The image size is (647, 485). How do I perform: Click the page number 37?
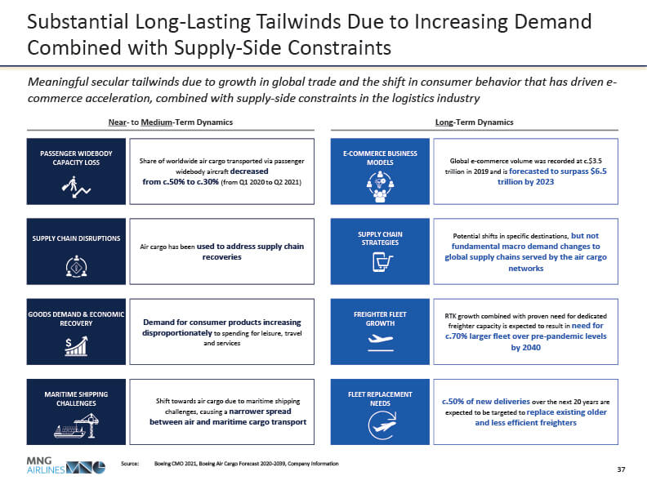(621, 469)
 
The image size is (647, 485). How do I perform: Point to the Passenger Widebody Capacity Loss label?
(77, 157)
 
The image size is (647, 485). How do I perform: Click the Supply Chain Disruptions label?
(77, 238)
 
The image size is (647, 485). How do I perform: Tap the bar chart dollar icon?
(77, 345)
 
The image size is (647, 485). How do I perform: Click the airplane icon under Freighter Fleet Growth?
(381, 344)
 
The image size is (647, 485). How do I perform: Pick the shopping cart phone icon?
(381, 263)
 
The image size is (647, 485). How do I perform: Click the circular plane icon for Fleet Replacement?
(381, 424)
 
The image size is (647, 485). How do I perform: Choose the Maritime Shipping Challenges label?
(77, 398)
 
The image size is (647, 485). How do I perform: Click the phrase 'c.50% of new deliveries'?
(487, 402)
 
